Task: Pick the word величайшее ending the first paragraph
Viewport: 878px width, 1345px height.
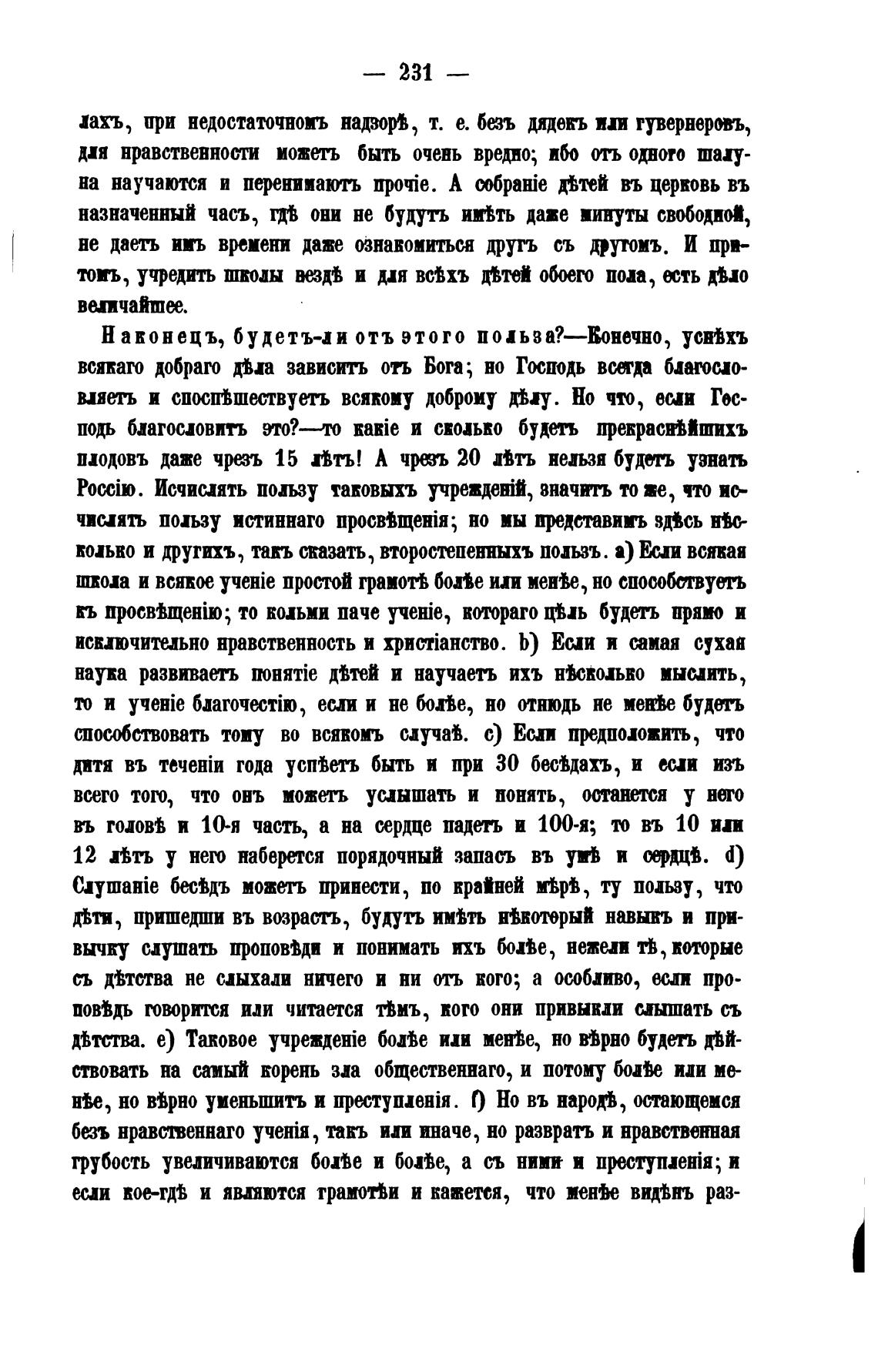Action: [x=132, y=305]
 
